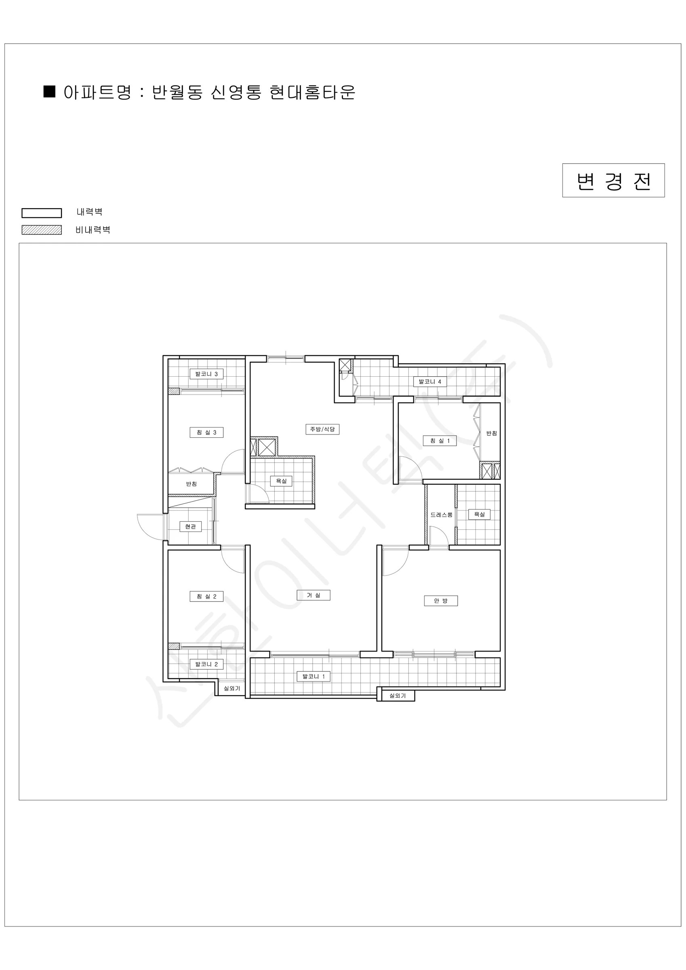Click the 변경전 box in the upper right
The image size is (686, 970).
click(x=613, y=180)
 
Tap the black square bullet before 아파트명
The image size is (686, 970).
click(x=49, y=92)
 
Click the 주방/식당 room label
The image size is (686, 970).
click(x=322, y=429)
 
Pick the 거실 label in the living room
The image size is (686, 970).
click(x=314, y=595)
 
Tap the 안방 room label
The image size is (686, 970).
click(x=441, y=601)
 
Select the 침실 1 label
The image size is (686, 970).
click(x=440, y=441)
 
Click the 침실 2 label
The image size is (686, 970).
click(x=206, y=597)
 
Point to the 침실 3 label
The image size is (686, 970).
click(x=206, y=432)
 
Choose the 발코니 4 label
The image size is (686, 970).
click(x=429, y=382)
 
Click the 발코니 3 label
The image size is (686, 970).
click(x=206, y=374)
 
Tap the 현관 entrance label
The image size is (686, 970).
click(x=191, y=526)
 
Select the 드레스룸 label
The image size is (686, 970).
click(x=442, y=515)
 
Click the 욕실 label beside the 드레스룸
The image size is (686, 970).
click(x=479, y=514)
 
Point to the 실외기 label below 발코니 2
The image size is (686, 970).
click(x=231, y=688)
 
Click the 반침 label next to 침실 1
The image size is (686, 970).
click(x=491, y=433)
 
